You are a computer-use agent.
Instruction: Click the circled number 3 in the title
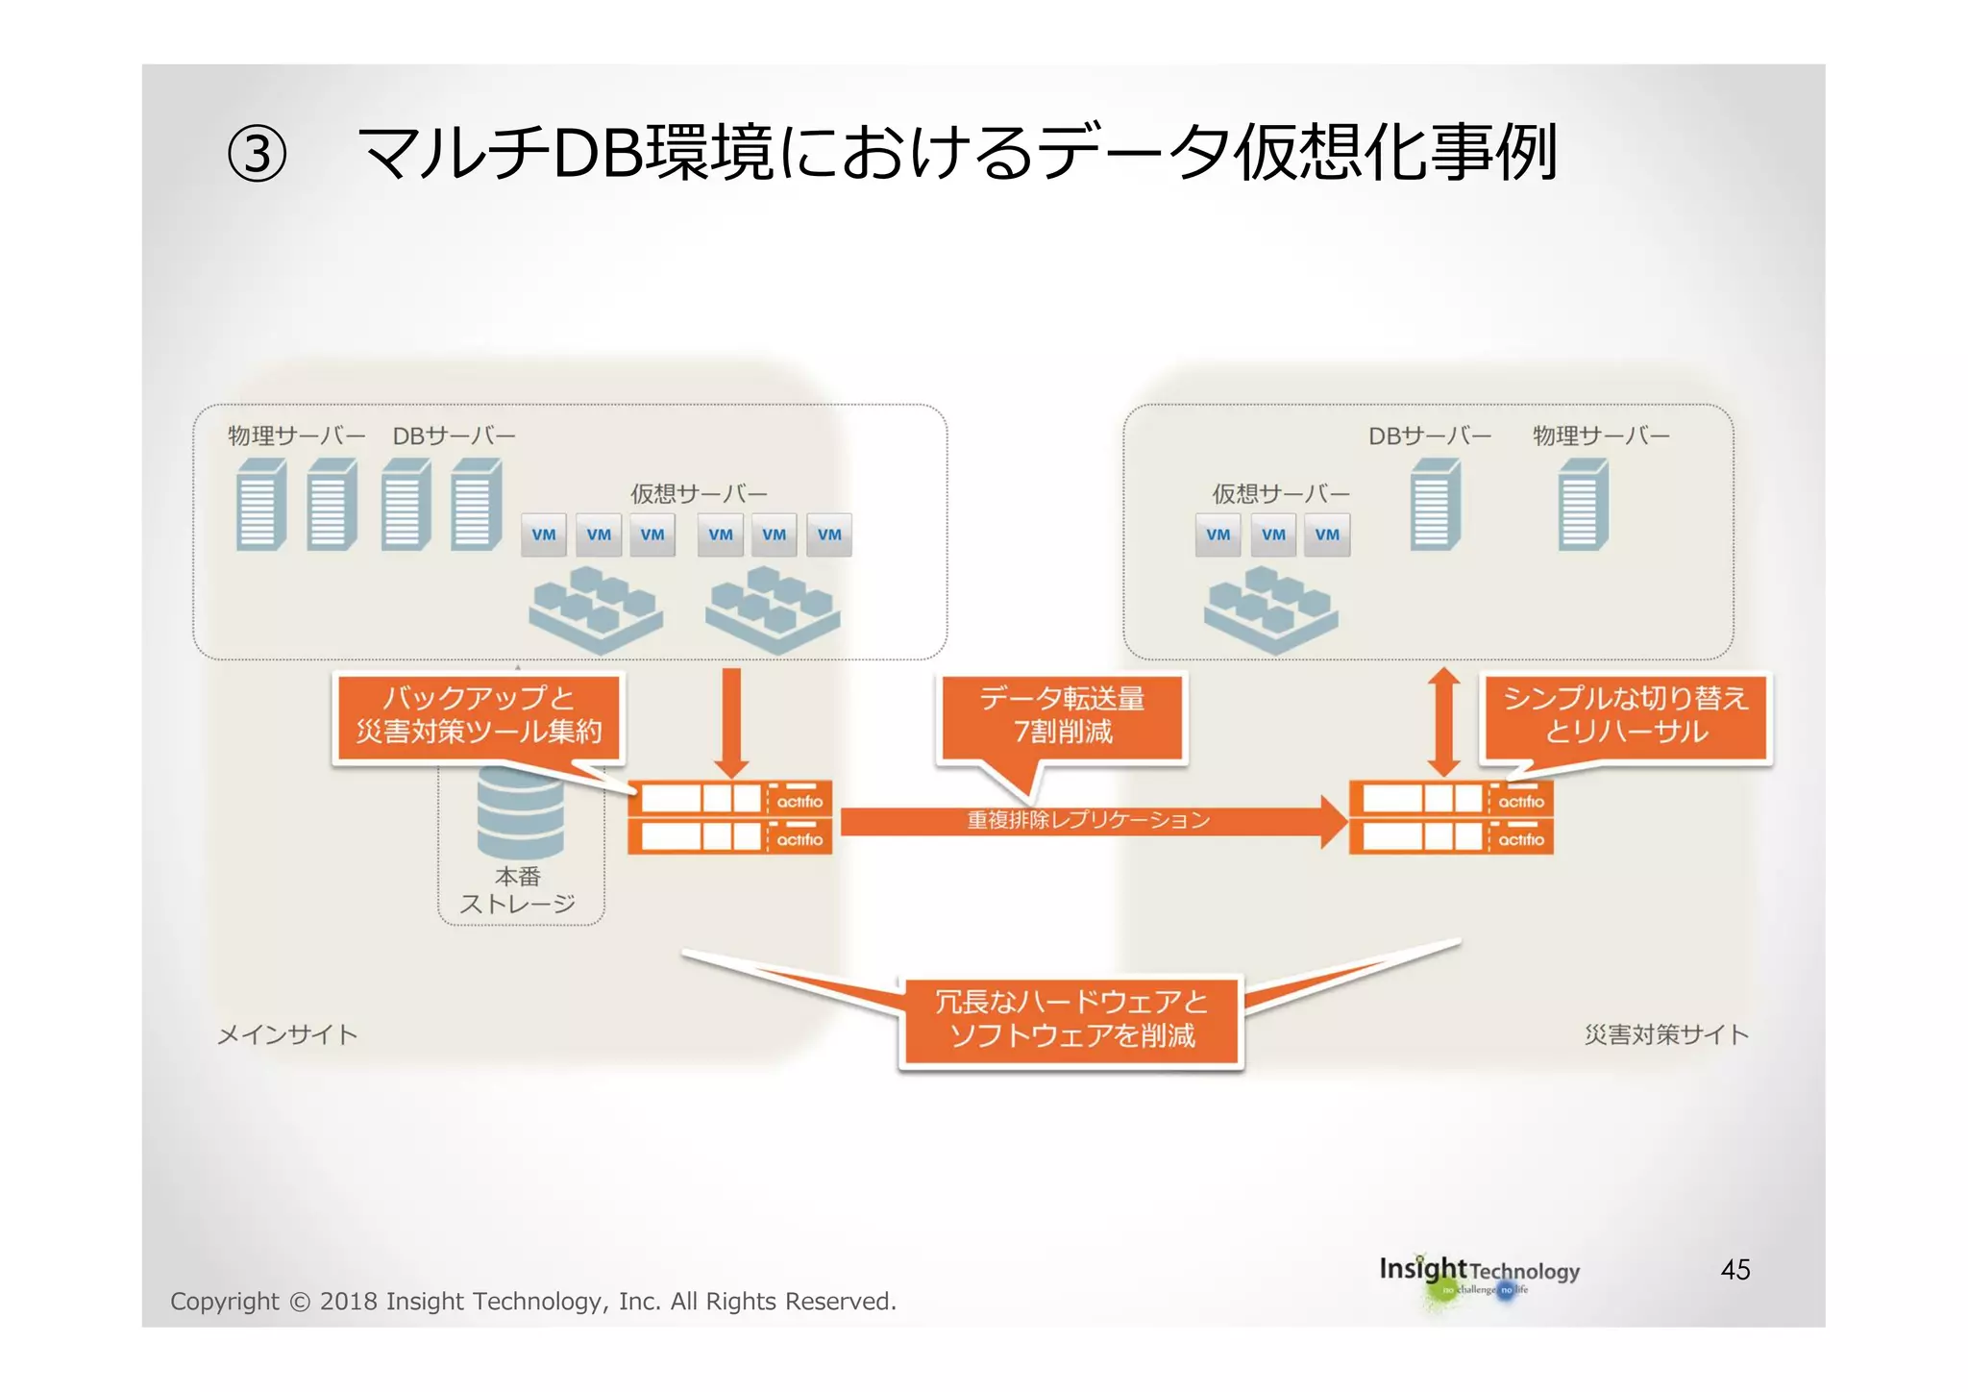coord(257,155)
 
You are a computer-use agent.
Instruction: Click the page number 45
coord(1734,1270)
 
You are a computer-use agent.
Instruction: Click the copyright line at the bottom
coord(532,1302)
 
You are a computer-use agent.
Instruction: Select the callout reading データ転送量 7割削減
coord(1062,716)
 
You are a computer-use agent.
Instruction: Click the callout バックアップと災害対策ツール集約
coord(479,716)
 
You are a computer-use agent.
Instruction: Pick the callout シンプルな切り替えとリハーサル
coord(1625,716)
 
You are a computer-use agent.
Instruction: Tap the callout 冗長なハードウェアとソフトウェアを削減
coord(1071,1020)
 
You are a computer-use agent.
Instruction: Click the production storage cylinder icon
coord(520,812)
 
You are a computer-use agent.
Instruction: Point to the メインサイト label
coord(287,1035)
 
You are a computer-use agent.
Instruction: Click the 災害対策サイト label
coord(1665,1035)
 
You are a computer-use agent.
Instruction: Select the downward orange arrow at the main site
coord(731,721)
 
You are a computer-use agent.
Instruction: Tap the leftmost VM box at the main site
coord(544,535)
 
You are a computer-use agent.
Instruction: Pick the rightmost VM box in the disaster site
coord(1327,535)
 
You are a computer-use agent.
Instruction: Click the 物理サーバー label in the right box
coord(1601,436)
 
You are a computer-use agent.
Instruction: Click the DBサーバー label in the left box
coord(454,436)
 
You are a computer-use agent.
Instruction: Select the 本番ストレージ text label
coord(518,890)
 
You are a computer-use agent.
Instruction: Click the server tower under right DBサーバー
coord(1435,505)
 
